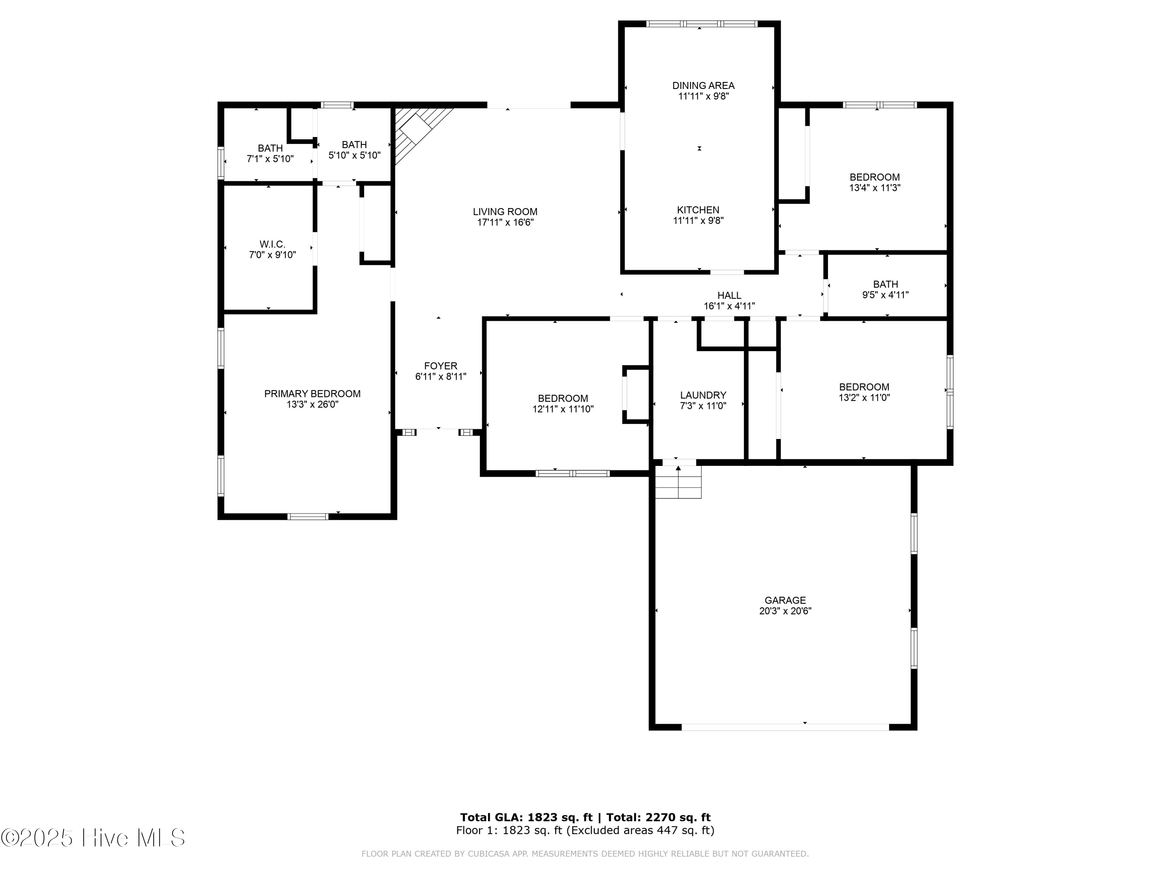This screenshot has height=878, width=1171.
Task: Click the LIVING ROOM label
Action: [505, 212]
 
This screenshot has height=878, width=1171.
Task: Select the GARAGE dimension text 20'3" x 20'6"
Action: [785, 611]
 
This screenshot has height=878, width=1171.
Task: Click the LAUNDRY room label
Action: [703, 395]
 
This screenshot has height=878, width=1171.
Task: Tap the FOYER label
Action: [440, 366]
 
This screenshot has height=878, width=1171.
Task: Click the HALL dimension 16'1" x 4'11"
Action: [729, 306]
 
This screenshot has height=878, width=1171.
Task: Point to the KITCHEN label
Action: [698, 210]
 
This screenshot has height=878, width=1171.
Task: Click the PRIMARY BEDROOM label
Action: [312, 394]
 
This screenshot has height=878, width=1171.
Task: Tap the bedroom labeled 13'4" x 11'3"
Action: [875, 183]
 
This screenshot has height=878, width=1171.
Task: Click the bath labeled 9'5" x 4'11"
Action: [885, 290]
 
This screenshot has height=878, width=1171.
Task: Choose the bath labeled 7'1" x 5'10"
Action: [270, 153]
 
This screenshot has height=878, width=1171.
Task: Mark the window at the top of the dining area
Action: [702, 24]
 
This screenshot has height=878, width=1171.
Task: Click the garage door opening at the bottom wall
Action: [785, 727]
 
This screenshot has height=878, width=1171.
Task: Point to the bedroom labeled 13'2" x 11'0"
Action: [864, 392]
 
